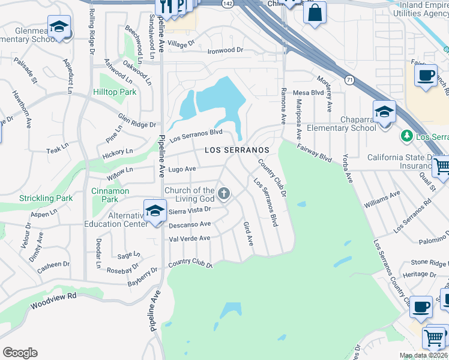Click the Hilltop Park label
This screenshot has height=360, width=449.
115,92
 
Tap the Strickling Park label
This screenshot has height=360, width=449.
46,198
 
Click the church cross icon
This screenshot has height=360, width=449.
224,193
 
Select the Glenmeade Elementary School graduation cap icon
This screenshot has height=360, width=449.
59,26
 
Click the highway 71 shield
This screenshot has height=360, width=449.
349,79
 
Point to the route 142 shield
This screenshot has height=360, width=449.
227,4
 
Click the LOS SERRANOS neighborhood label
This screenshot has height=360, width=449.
236,150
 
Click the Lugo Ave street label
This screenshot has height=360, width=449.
182,170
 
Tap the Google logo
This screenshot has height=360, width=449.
20,353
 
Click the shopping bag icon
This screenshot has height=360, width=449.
315,12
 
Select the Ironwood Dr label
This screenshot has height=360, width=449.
226,51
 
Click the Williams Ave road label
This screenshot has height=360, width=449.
382,199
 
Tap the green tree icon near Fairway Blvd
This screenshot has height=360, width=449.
408,136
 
